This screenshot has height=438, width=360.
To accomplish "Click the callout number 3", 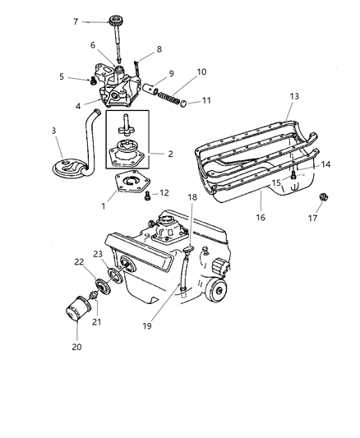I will [x=54, y=131].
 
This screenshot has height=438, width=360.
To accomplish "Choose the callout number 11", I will [x=205, y=101].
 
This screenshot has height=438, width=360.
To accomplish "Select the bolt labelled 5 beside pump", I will [x=89, y=80].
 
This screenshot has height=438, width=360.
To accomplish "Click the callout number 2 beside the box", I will [x=170, y=152].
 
